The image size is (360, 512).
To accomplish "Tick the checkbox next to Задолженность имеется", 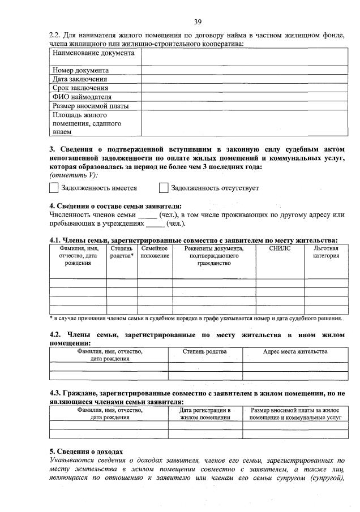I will point(54,188).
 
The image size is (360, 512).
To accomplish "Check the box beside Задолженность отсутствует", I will point(164,188).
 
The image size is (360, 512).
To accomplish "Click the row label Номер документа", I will point(80,71).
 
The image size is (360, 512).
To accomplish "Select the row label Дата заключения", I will point(80,79).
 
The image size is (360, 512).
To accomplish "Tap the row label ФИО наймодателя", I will point(82,97).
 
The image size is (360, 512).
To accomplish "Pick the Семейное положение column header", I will point(155,252).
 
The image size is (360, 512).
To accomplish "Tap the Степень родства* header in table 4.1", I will point(122,252).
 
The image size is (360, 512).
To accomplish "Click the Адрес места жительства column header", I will point(295,352).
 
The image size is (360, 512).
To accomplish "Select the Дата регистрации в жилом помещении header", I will point(205,413).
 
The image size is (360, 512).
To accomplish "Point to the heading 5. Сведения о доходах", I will point(85,451).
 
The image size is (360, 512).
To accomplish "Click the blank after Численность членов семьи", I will point(147,215).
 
